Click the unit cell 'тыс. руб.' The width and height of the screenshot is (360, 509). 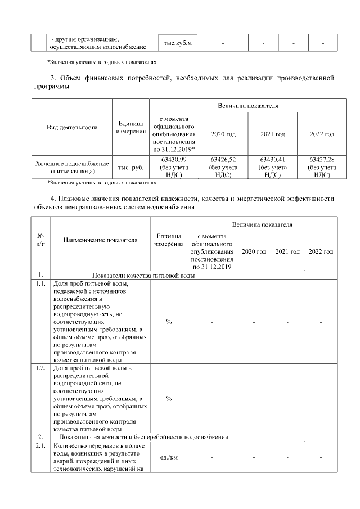click(130, 168)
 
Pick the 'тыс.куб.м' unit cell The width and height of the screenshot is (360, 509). click(177, 43)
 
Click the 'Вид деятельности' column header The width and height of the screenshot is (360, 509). click(72, 127)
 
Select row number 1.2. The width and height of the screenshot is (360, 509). click(40, 368)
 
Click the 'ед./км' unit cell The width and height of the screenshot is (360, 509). click(169, 457)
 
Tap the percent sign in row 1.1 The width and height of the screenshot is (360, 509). click(169, 322)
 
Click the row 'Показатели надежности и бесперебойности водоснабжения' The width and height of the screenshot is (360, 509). click(143, 437)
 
